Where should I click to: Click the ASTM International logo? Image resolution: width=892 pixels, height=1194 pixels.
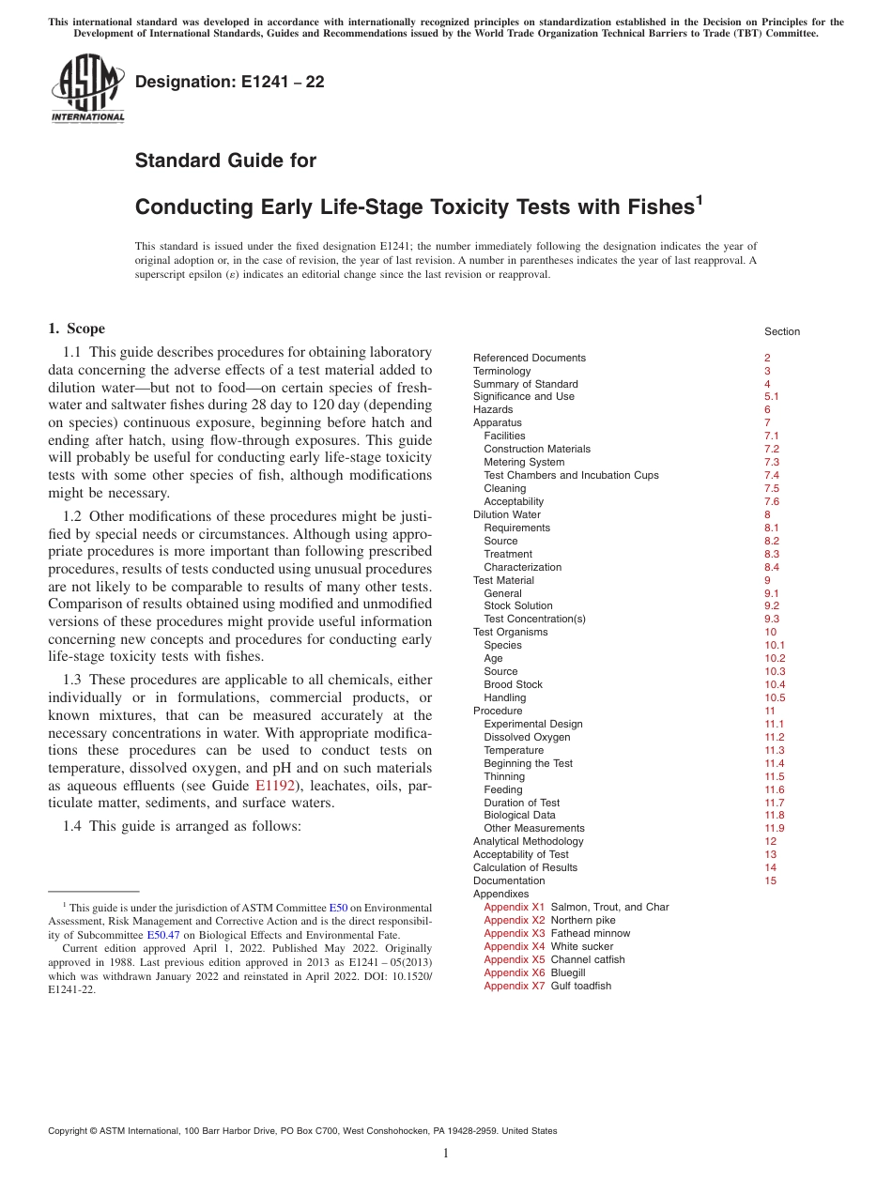[x=87, y=89]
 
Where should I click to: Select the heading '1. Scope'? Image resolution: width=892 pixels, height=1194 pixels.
[x=76, y=329]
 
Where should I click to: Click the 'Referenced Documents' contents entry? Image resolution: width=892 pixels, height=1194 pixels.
[x=529, y=358]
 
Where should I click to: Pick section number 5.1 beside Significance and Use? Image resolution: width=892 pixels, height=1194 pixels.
[x=772, y=396]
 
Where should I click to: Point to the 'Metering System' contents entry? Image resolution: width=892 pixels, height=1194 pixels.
[x=524, y=462]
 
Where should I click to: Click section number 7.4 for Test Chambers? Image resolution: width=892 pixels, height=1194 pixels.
[x=772, y=475]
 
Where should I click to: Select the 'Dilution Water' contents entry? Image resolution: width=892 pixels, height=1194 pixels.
[x=506, y=514]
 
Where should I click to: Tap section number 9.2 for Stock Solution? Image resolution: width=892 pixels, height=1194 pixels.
[x=772, y=605]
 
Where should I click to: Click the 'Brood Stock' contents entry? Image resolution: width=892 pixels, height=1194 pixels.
[x=513, y=684]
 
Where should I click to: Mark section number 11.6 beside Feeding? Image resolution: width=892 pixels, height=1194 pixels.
[x=774, y=789]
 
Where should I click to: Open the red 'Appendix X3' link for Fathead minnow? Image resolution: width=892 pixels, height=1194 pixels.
[x=514, y=933]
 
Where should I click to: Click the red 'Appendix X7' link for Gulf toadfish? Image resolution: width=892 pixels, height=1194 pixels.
[x=514, y=986]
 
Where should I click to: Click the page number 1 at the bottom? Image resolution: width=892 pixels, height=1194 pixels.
[x=446, y=1153]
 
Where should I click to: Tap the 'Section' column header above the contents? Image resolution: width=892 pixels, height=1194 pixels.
[x=781, y=331]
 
